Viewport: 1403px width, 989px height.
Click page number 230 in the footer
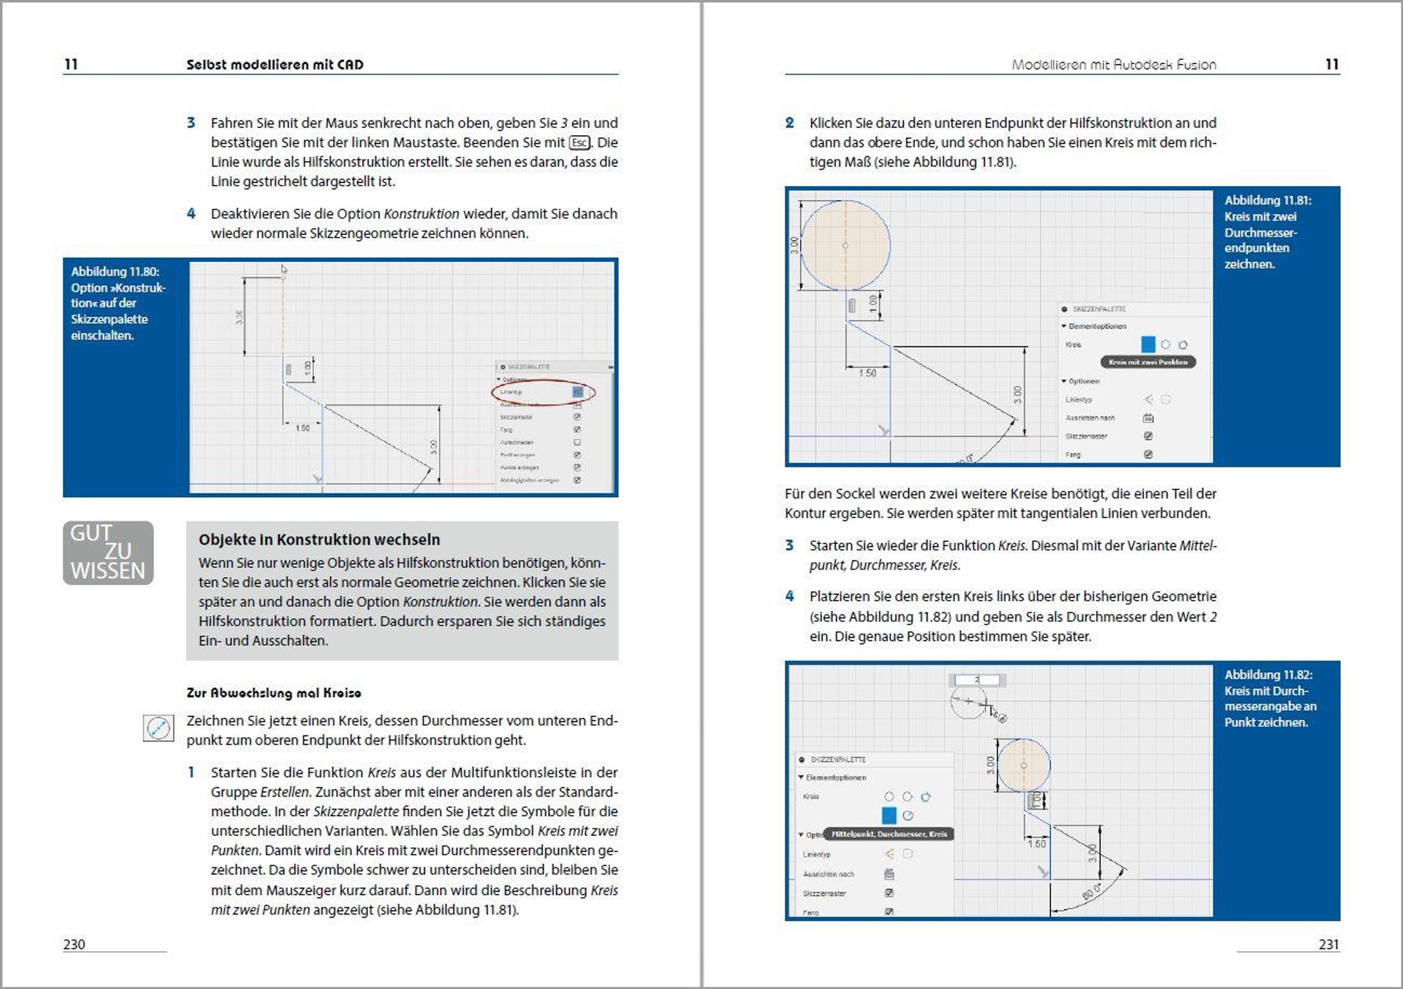point(74,944)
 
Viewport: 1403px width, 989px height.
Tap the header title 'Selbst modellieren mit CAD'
point(274,64)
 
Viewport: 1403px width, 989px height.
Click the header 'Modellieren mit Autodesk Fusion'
point(1114,64)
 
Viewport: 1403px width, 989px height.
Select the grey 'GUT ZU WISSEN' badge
point(108,552)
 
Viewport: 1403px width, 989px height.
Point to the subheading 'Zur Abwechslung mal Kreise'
point(274,693)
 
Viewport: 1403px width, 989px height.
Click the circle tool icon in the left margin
point(158,728)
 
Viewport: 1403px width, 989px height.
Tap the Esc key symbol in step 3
point(579,143)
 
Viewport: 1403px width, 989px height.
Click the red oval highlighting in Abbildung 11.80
point(542,392)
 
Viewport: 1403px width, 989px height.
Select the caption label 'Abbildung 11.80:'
point(115,271)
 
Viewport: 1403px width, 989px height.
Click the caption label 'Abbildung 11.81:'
point(1267,200)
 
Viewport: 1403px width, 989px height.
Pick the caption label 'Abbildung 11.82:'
point(1268,675)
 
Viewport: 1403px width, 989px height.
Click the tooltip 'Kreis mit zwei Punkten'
point(1148,362)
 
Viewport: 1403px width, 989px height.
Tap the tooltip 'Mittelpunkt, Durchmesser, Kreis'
point(889,834)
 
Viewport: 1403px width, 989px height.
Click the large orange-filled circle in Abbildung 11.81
point(845,245)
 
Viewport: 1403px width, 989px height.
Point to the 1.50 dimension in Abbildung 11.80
point(302,428)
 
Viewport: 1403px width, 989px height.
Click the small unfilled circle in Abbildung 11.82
point(969,702)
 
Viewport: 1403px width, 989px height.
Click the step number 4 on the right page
point(790,596)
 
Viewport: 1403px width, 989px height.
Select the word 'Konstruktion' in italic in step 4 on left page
point(421,214)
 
